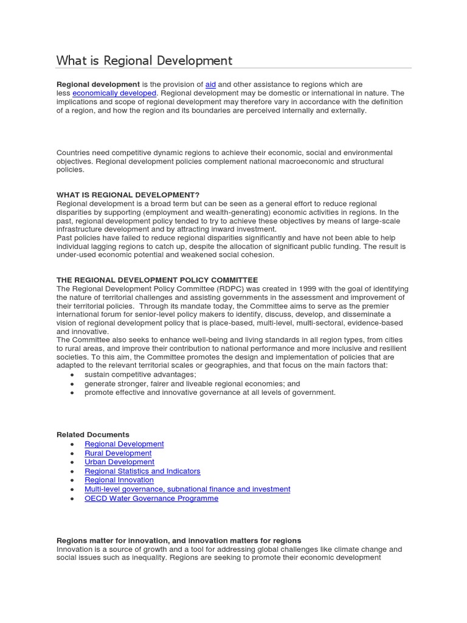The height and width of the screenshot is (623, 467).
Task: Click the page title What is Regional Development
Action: tap(144, 60)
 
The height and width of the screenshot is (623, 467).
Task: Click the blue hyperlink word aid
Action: tap(210, 85)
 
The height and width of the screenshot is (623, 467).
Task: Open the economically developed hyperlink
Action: tap(114, 93)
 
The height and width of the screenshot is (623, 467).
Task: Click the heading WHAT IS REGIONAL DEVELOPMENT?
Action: tap(128, 195)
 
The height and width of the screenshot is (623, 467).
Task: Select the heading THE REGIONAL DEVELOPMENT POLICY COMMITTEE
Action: tap(157, 280)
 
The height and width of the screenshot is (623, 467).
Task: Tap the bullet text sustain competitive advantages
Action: tap(140, 375)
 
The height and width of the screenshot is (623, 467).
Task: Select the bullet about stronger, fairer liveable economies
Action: tap(192, 384)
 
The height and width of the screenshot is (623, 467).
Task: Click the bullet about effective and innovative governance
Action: tap(210, 392)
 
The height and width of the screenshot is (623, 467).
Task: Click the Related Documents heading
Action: tap(92, 434)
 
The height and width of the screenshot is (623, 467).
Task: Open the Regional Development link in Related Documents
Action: tap(124, 444)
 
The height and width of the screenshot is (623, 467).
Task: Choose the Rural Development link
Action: tap(118, 453)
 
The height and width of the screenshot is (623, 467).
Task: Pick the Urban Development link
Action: tap(119, 462)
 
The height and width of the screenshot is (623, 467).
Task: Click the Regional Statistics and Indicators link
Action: tap(142, 471)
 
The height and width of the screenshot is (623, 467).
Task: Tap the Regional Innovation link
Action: tap(119, 480)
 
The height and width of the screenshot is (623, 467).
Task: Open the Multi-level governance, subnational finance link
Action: tap(187, 489)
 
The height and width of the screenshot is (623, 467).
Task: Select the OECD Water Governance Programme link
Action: tap(151, 498)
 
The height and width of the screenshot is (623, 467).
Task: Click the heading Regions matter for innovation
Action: tap(179, 540)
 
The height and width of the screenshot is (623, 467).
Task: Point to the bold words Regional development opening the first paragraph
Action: tap(98, 85)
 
